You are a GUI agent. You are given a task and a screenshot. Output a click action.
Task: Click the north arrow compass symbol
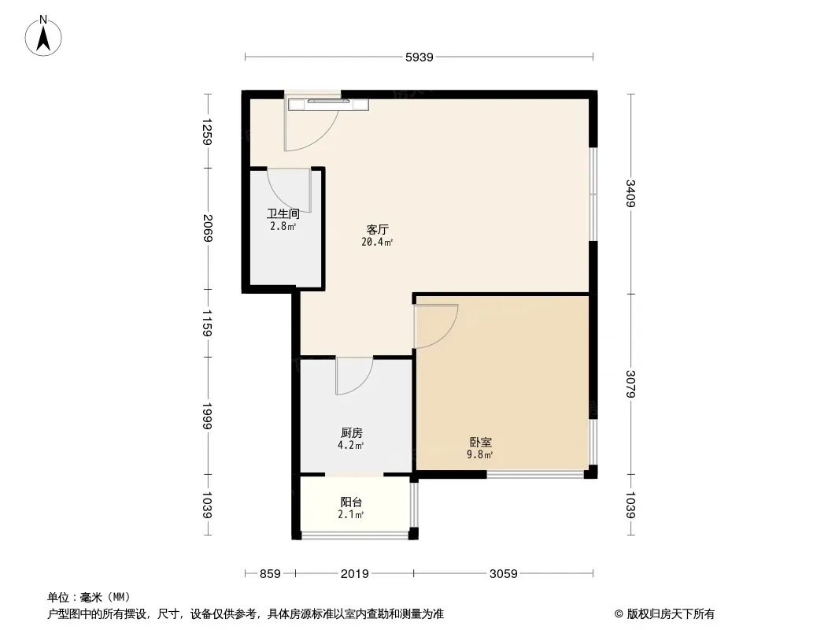43,36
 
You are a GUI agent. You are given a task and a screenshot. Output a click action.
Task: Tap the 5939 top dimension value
419,57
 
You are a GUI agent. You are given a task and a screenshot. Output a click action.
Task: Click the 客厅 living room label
377,230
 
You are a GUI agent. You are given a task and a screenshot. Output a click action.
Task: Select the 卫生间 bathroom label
283,214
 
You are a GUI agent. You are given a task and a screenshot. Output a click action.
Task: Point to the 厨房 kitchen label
352,432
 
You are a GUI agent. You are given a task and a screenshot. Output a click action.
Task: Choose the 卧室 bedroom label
481,442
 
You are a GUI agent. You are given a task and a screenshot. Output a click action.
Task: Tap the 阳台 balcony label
351,502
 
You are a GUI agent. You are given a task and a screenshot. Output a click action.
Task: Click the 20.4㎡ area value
377,242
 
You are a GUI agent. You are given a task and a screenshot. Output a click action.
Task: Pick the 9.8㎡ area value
480,455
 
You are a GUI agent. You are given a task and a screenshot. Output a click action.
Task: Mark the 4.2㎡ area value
351,446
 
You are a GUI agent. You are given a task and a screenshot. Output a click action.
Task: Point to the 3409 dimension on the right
631,193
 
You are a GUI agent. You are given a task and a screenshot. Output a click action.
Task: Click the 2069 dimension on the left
208,228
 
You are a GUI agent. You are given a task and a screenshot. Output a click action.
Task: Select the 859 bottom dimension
270,574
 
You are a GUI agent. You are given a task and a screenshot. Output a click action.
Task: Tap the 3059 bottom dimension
504,574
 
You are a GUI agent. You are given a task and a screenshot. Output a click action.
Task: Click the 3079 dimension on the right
631,384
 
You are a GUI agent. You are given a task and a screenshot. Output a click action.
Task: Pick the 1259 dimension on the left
208,132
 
